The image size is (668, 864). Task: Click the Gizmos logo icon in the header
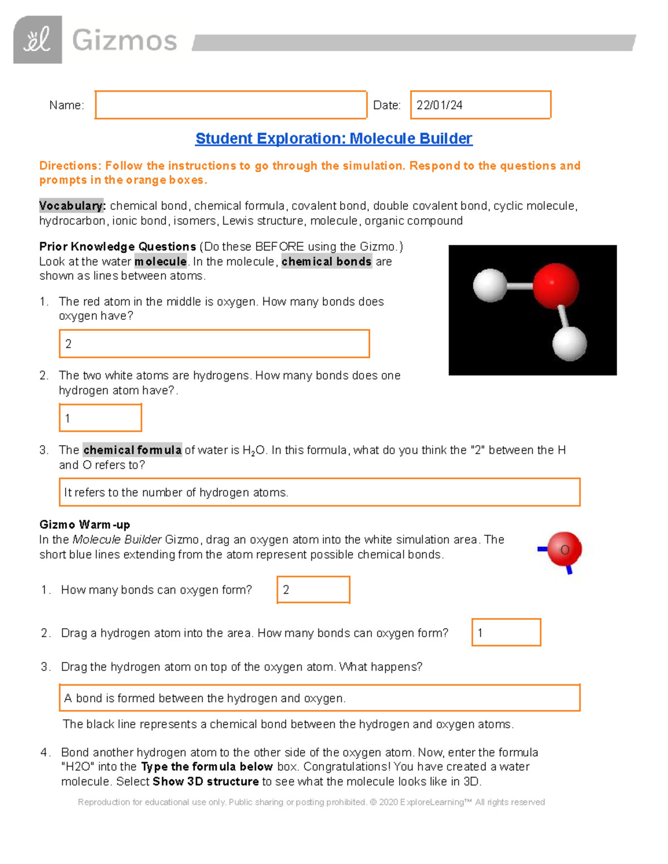pos(37,40)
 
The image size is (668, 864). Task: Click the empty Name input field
pos(230,105)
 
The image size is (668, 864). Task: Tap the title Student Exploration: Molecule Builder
pos(333,139)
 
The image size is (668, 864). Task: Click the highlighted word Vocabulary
pos(72,206)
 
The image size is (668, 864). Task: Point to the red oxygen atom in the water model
pos(556,286)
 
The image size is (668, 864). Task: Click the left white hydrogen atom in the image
pos(489,285)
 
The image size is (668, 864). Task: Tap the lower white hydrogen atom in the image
pos(569,343)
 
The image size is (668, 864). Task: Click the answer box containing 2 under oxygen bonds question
pos(214,344)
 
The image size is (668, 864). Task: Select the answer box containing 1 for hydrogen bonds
pos(100,418)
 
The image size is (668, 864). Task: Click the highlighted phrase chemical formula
pos(132,450)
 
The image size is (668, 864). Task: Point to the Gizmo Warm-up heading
pos(85,525)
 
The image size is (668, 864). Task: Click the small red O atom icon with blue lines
pos(563,550)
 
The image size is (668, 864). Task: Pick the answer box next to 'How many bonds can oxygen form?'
pos(313,590)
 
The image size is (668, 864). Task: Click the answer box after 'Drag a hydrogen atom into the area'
pos(506,633)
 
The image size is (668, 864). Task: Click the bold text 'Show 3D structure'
pos(205,782)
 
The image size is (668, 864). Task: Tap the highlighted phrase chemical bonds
pos(326,261)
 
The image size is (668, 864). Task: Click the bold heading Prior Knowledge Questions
pos(117,246)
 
